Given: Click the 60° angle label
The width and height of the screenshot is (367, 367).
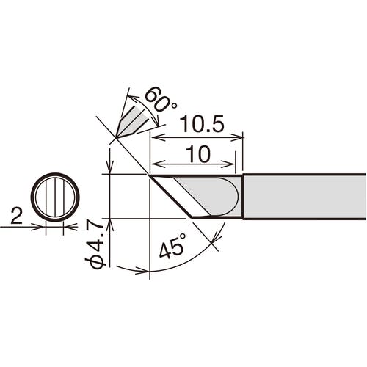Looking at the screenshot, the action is pos(160,101).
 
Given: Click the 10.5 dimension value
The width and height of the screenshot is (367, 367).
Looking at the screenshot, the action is pos(202,124).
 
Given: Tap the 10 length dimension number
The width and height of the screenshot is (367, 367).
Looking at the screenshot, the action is pos(198,154).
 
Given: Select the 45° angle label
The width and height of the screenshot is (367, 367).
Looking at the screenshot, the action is pos(172,246).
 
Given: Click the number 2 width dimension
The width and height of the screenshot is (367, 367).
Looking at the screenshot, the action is pos(17,216).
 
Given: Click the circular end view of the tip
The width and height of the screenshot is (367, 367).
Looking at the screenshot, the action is pos(55,197).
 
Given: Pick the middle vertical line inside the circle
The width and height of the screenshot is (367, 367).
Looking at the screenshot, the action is pos(55,197).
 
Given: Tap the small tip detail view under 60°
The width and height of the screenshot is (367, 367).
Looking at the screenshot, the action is pos(134,120).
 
